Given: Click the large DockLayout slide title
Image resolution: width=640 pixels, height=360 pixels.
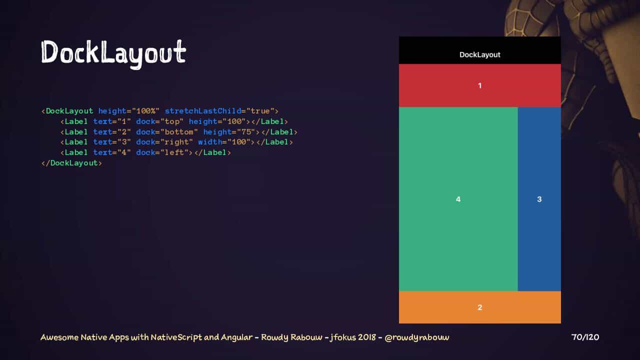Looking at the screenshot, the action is [x=113, y=53].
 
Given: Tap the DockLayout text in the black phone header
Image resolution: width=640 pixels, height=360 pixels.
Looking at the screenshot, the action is [x=479, y=54].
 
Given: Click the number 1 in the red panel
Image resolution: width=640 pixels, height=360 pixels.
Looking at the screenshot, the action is [x=479, y=85].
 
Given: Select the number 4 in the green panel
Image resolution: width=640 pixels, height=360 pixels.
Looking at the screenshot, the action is [x=458, y=199].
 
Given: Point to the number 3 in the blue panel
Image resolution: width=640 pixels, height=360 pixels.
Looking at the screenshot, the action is [x=539, y=199].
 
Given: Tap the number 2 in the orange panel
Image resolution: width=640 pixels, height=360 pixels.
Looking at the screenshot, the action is [x=479, y=307].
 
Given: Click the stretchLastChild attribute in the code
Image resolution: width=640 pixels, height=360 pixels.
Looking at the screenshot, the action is [x=203, y=111].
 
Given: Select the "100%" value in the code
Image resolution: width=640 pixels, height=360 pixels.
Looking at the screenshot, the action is [x=145, y=111].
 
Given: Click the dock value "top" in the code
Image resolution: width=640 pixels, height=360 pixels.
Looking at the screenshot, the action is [x=171, y=121].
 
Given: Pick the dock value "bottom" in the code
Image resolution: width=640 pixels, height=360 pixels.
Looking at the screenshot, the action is [x=179, y=131].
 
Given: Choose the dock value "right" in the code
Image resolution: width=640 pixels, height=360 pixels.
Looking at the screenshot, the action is [x=176, y=142].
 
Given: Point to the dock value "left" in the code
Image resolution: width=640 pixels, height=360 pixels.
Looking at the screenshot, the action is [x=174, y=152].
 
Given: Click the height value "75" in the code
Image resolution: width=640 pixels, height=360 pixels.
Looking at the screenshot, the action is [x=246, y=131].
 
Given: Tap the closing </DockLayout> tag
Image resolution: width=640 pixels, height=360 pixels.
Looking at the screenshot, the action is [x=71, y=163].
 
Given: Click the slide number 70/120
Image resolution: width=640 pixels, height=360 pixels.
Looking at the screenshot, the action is [x=585, y=337].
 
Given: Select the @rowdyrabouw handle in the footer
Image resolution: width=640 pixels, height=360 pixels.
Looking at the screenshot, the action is [x=417, y=337].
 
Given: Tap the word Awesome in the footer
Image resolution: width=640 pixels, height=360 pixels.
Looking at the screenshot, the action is [x=59, y=337].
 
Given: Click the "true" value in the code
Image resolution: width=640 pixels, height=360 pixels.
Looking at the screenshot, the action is [x=260, y=111].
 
